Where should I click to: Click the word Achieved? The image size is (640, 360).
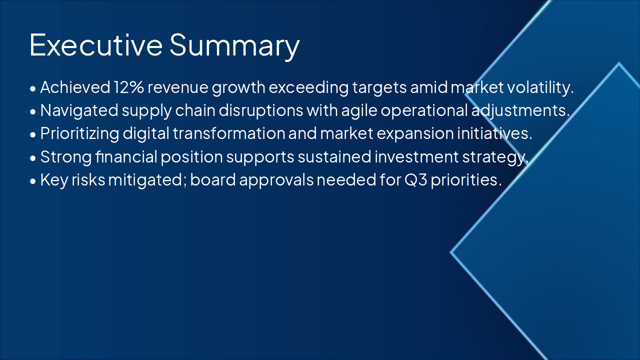(x=74, y=87)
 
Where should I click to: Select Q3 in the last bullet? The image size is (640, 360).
(x=411, y=180)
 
